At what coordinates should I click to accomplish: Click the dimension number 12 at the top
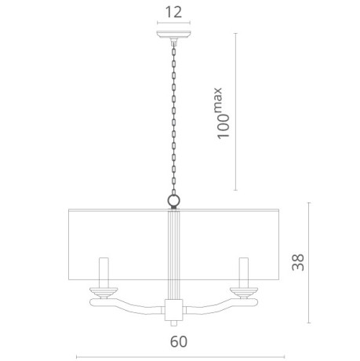173,12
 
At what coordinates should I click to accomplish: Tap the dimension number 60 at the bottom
179,341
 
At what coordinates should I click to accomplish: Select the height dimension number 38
298,262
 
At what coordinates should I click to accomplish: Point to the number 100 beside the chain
224,126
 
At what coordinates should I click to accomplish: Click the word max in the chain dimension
219,100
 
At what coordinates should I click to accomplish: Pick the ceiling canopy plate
173,34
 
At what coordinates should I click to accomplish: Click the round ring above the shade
173,201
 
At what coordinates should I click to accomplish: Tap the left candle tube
104,272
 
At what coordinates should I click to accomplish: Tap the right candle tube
244,272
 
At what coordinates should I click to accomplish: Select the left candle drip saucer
104,292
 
